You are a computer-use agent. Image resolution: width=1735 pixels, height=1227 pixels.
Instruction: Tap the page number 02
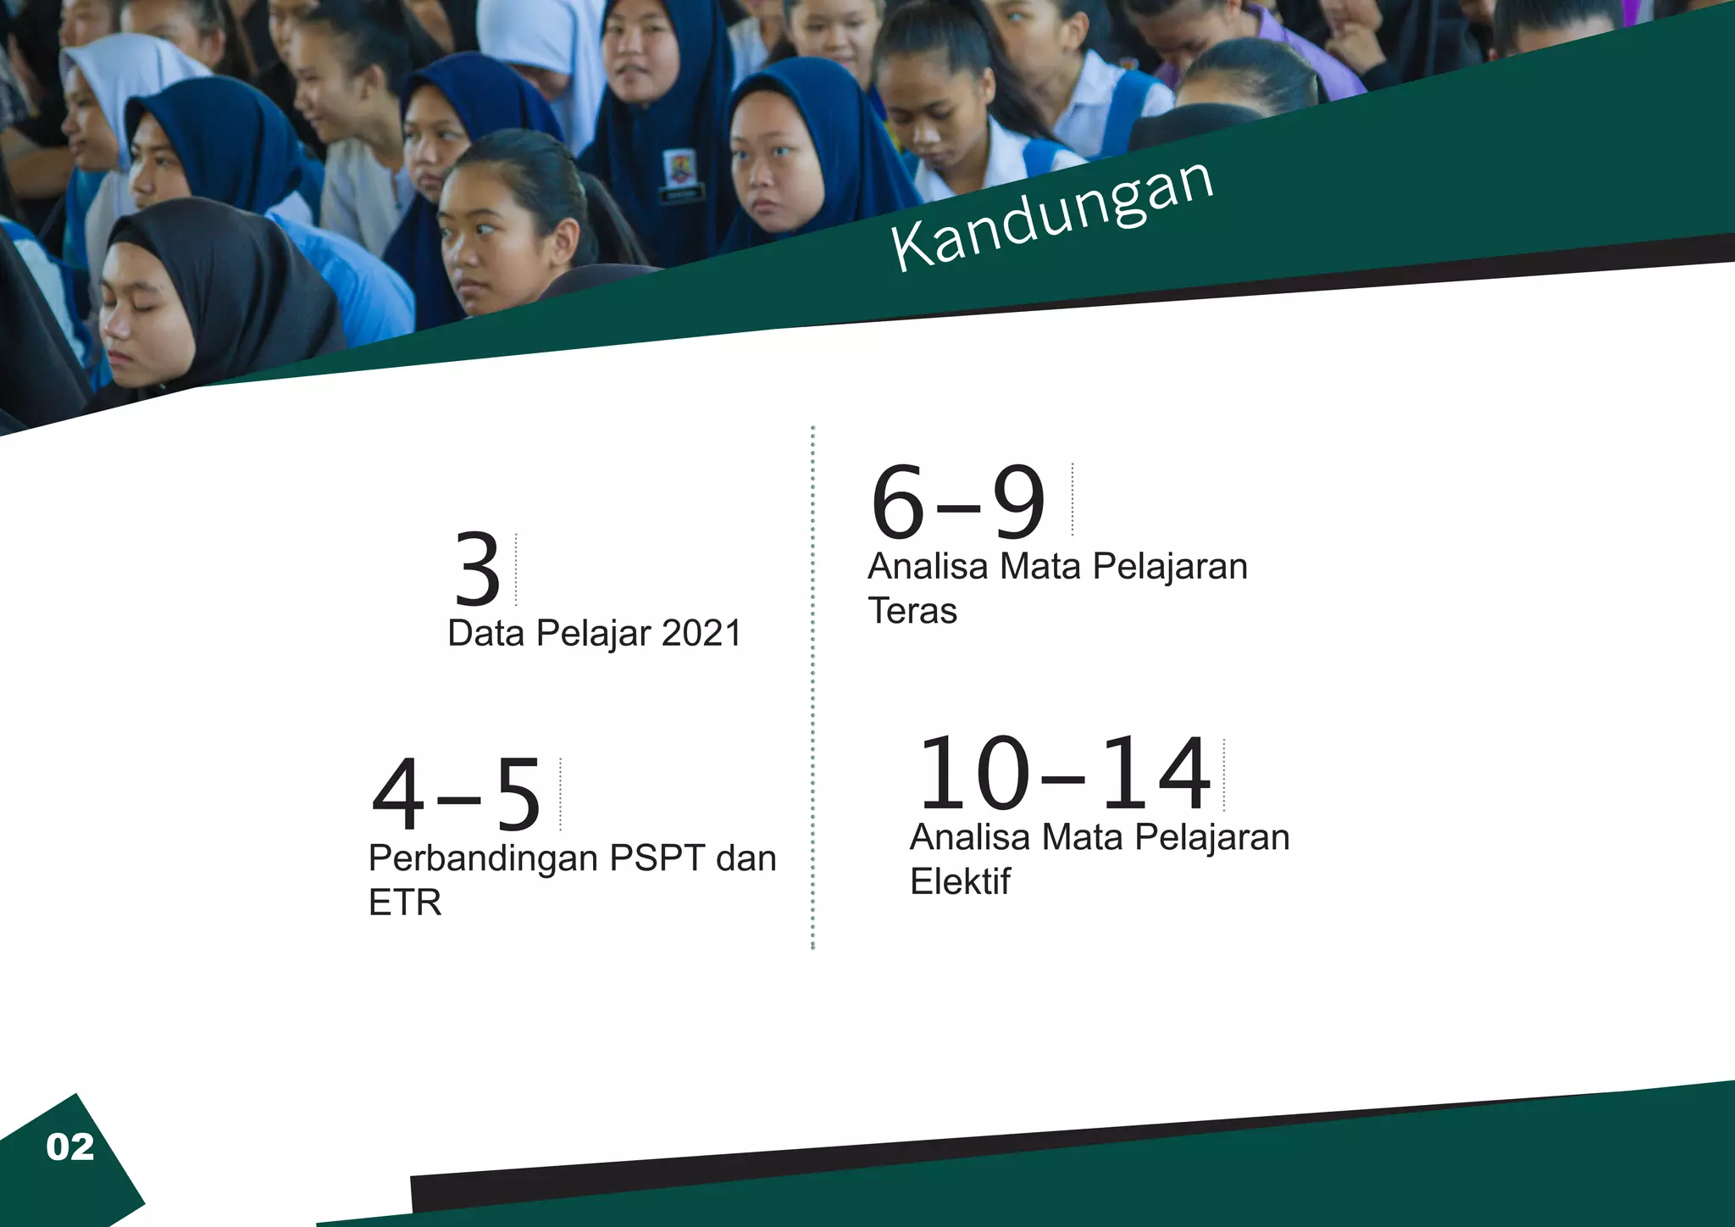click(70, 1147)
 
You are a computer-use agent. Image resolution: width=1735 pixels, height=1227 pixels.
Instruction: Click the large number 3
click(478, 569)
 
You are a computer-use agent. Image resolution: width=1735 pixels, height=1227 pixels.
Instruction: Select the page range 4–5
click(457, 795)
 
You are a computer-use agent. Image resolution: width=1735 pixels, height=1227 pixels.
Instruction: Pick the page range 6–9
click(958, 502)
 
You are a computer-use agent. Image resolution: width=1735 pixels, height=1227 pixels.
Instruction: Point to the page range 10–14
click(1064, 774)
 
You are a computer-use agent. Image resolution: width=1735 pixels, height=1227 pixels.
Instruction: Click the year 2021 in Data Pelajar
click(701, 634)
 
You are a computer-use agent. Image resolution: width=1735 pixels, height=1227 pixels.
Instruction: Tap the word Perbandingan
click(482, 859)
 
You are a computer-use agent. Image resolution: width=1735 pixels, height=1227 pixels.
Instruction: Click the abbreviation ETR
click(405, 902)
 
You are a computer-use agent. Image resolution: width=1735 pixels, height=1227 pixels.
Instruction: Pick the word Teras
click(912, 611)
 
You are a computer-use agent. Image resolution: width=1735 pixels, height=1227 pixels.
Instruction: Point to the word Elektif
click(960, 882)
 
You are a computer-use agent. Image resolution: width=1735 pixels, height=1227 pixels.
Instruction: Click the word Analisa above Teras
click(928, 566)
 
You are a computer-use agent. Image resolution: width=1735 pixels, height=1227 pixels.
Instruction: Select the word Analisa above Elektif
click(970, 837)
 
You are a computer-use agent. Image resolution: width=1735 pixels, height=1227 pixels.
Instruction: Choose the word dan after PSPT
click(746, 858)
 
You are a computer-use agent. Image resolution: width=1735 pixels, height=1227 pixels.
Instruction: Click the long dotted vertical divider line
click(812, 686)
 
